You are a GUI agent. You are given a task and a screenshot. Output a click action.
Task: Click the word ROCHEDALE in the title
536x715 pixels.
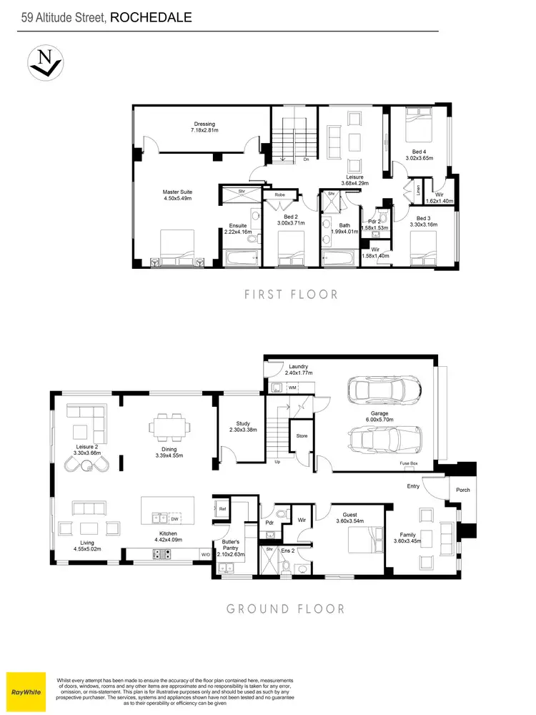click(x=152, y=17)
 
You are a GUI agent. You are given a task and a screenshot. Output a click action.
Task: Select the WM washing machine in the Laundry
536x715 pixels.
click(x=292, y=388)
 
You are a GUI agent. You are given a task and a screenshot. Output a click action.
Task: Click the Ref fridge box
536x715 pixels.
click(x=222, y=509)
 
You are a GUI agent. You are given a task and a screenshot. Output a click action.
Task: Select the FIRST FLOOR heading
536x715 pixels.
click(x=291, y=294)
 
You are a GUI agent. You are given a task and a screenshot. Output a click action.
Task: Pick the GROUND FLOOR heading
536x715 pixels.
click(x=285, y=609)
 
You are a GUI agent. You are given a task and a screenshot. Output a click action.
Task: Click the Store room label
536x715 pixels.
click(x=302, y=435)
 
